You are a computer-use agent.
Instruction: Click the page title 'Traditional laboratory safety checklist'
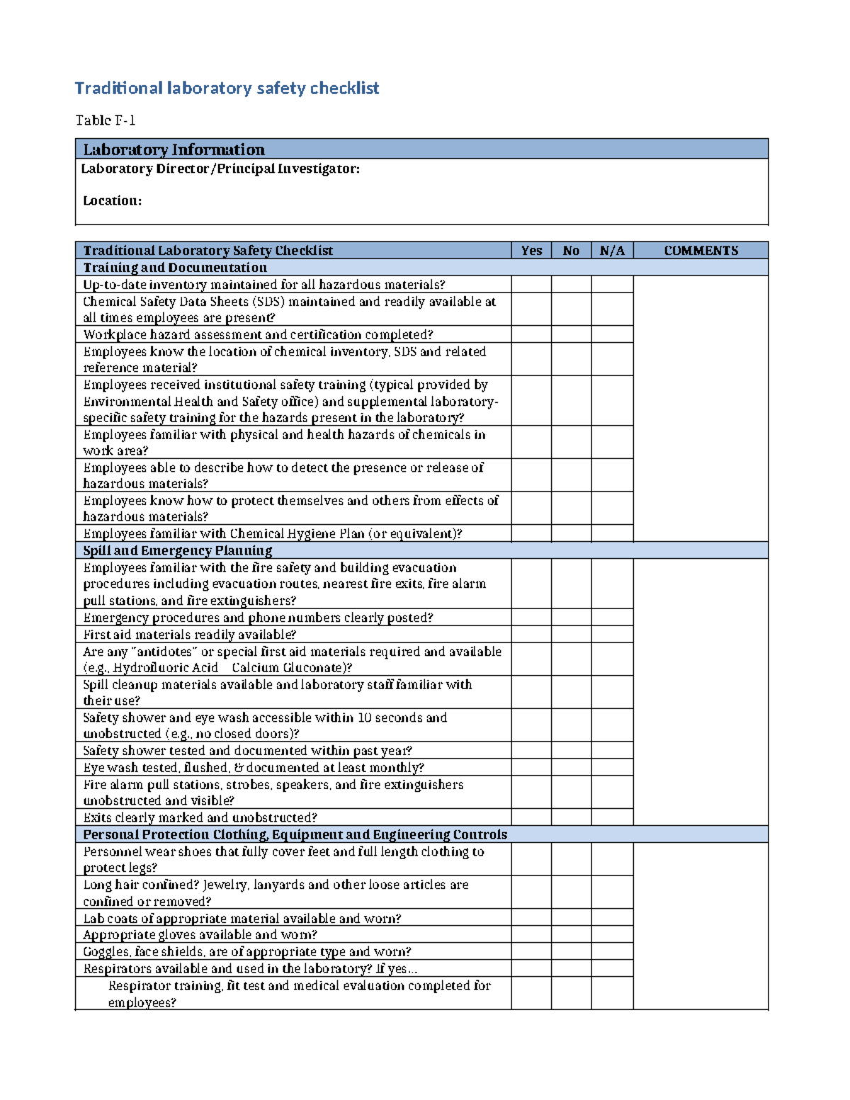227,89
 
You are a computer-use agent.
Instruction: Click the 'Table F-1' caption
106,120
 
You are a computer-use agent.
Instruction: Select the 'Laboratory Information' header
174,149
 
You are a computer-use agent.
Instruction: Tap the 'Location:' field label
112,200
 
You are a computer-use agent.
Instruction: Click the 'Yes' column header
531,251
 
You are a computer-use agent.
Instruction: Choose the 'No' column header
571,251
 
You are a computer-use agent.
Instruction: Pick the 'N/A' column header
612,251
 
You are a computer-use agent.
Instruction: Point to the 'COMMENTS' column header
701,251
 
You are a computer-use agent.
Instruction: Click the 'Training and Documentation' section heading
175,268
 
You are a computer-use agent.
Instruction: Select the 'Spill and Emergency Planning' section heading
178,550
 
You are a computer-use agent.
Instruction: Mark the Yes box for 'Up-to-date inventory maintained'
531,285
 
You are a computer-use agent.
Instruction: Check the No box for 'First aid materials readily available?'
571,635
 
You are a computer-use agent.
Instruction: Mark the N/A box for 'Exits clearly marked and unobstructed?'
612,817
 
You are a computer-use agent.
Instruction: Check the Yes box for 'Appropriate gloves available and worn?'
531,935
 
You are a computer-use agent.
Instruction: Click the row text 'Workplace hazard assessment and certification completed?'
258,335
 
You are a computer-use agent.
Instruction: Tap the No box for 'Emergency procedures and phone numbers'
571,618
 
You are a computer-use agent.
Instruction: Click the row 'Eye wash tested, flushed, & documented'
254,768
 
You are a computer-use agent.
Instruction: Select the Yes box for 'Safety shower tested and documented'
531,751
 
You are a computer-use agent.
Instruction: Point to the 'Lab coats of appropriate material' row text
242,919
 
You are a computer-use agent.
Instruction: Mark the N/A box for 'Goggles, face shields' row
612,952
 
